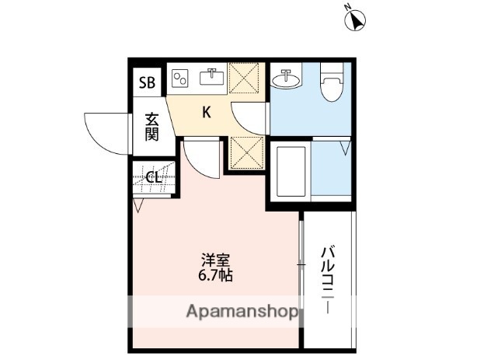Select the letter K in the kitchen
207,112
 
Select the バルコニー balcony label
328,279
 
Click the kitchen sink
212,76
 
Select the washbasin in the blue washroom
286,79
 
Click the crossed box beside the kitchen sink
247,78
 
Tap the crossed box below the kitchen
247,153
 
